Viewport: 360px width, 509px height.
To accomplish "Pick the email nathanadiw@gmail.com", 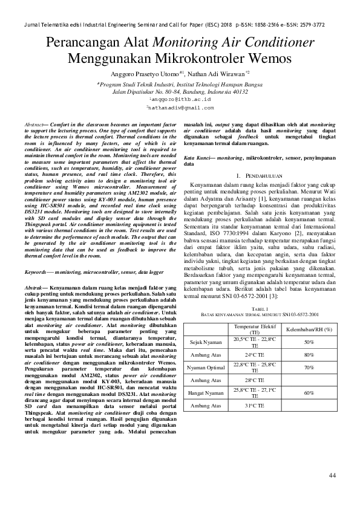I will [180, 107].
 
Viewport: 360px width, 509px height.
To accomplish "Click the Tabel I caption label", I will [260, 307].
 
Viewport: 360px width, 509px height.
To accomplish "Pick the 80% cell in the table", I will [309, 354].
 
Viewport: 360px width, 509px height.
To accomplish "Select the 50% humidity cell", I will [309, 342].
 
